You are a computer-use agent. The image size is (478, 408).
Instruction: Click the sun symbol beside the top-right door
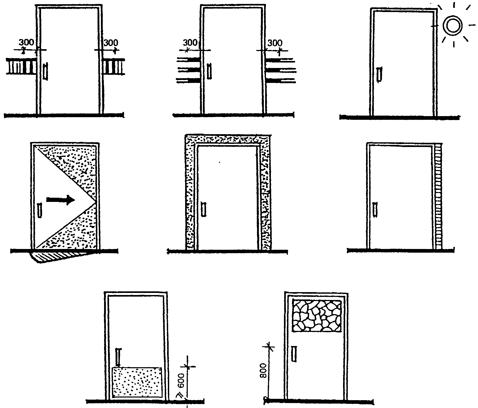click(452, 26)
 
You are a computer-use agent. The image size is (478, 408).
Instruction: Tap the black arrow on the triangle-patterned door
click(60, 200)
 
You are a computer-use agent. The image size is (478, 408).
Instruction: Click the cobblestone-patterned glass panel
click(317, 316)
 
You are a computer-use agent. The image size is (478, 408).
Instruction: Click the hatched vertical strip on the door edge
click(439, 196)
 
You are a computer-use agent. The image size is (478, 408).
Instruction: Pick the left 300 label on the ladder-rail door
click(26, 43)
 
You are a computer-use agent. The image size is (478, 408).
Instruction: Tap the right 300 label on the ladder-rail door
click(111, 43)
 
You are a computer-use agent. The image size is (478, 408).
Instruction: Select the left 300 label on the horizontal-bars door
click(190, 43)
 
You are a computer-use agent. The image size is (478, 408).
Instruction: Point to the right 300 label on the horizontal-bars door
click(275, 43)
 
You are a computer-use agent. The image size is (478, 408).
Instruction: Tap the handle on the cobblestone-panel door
click(294, 353)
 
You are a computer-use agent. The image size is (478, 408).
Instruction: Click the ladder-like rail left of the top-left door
click(21, 66)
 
